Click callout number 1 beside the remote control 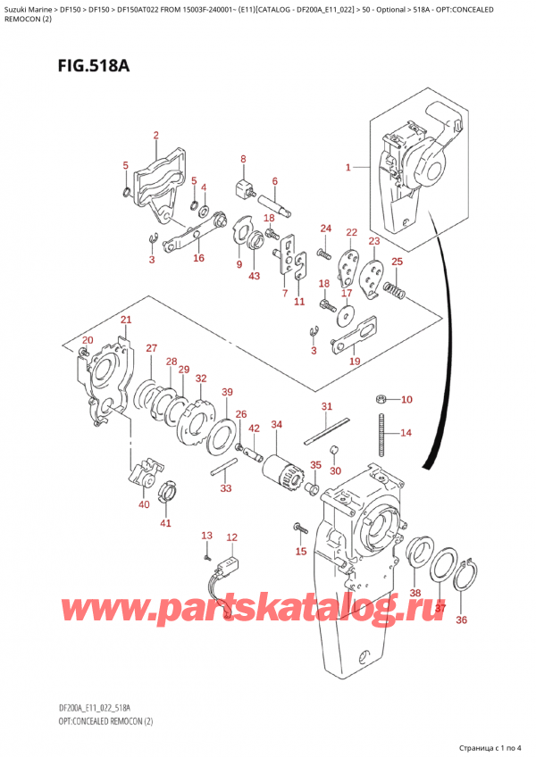point(349,167)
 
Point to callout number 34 point(276,424)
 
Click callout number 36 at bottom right point(461,620)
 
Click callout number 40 point(145,505)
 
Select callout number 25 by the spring point(397,261)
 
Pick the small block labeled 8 point(241,189)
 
